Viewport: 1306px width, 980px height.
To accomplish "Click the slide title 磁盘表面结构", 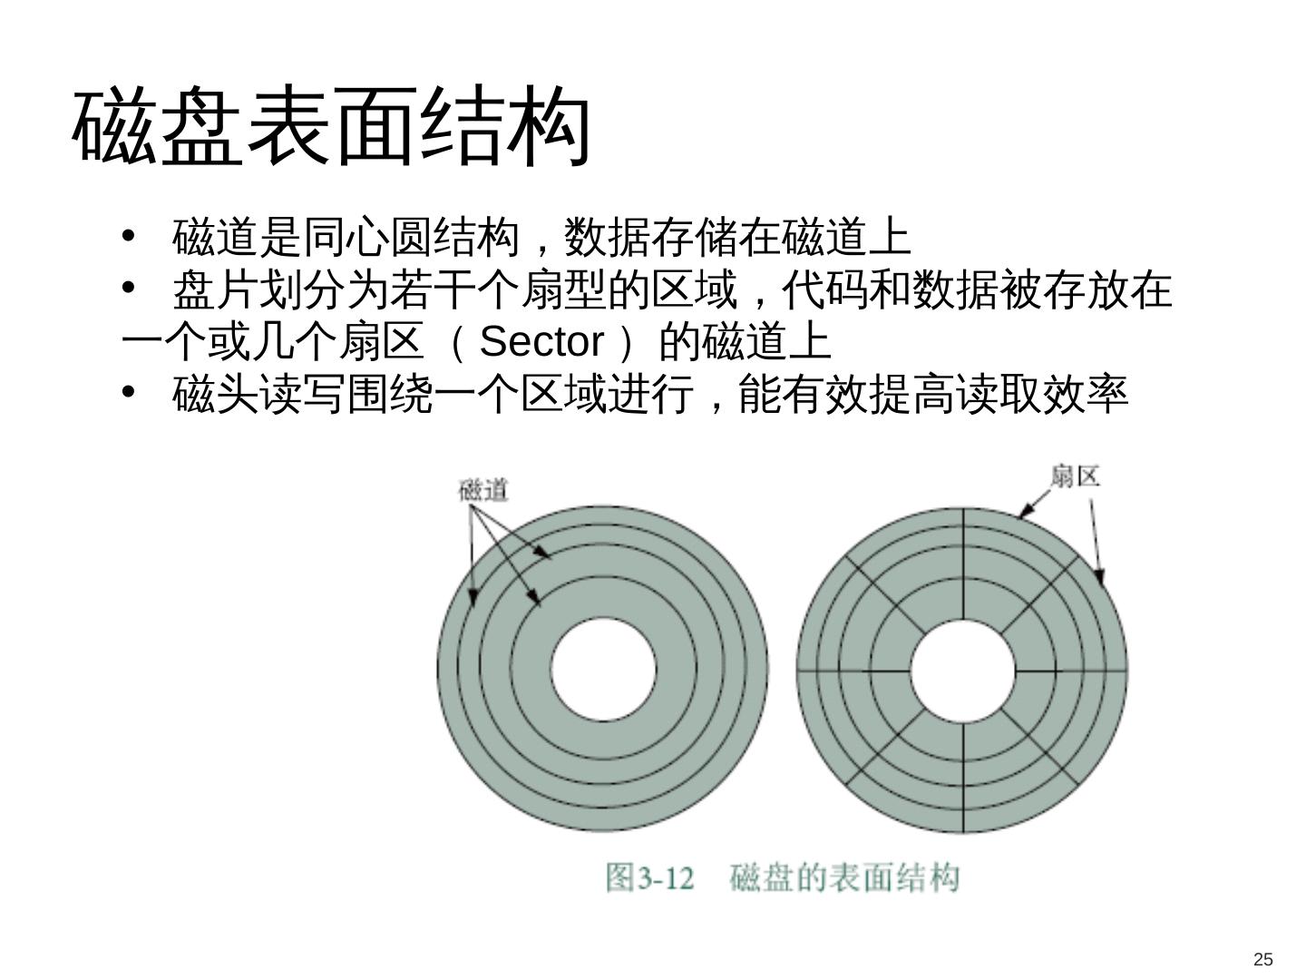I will (x=331, y=127).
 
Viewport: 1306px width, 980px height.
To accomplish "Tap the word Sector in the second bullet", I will (x=541, y=342).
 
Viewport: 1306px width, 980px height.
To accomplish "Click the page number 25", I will (x=1262, y=960).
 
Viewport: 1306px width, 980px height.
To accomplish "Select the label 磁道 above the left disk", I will (x=483, y=491).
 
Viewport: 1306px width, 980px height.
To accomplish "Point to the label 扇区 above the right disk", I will (x=1075, y=475).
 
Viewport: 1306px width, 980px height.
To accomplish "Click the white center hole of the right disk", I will (x=962, y=671).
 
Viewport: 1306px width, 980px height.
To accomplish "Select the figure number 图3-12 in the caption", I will (x=649, y=878).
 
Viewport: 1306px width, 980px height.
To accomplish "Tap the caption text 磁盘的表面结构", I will (x=843, y=878).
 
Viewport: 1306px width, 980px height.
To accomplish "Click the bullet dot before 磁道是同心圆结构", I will (x=128, y=237).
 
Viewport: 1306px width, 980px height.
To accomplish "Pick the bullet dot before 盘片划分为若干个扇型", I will (x=128, y=289).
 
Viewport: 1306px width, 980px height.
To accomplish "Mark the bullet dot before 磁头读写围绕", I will (x=128, y=393).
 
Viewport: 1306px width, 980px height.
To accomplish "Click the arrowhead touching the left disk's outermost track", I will (x=472, y=598).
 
